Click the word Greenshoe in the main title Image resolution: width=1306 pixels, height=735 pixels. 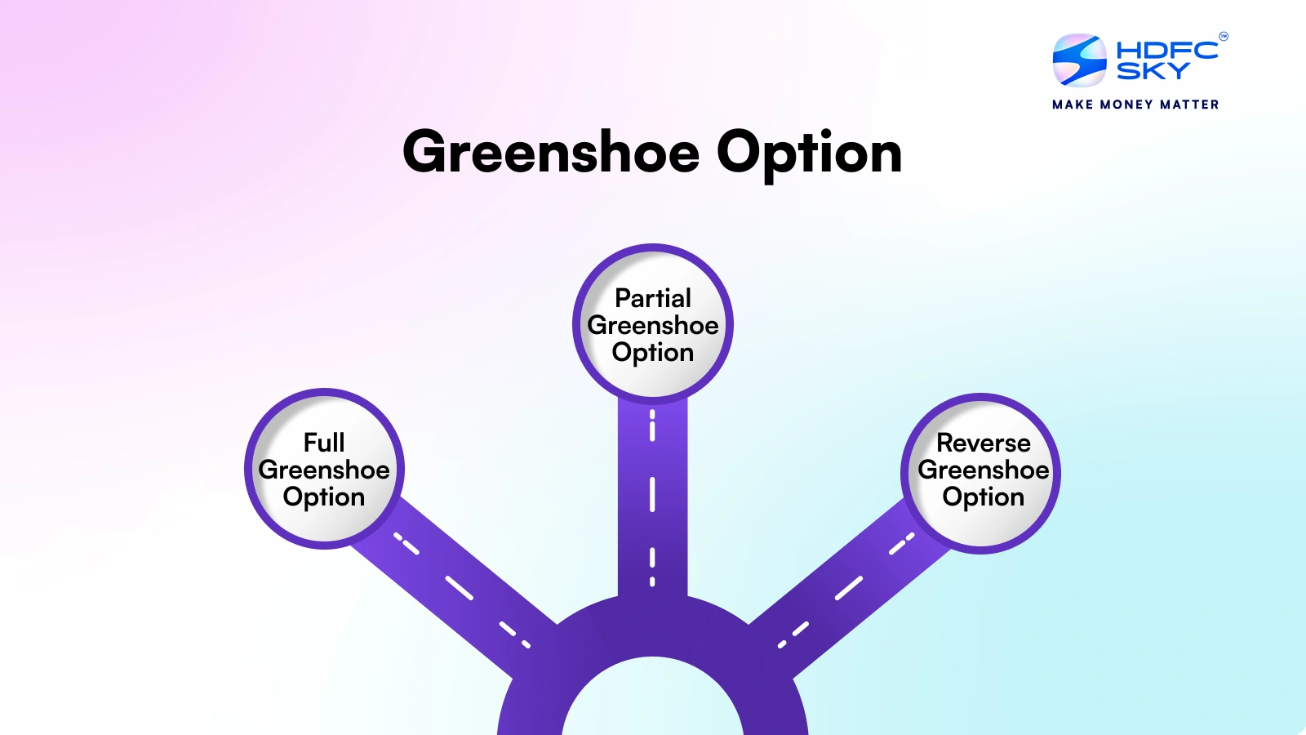(x=551, y=154)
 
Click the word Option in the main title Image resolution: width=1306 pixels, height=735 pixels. (x=809, y=154)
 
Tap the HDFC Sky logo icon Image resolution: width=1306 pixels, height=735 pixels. (x=1079, y=60)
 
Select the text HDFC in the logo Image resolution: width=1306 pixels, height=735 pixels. (x=1166, y=50)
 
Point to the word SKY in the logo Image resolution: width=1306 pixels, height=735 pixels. (x=1153, y=72)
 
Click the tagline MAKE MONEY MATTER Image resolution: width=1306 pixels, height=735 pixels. (x=1135, y=105)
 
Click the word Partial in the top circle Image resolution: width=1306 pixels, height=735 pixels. (x=653, y=298)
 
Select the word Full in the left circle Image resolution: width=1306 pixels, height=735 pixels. (x=324, y=443)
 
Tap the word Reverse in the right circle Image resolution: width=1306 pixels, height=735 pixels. (x=983, y=443)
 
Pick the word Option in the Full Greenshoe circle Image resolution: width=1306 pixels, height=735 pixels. (x=324, y=497)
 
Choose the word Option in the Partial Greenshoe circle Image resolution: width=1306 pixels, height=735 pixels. (x=653, y=353)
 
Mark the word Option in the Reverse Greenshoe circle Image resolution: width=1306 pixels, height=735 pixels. (x=983, y=497)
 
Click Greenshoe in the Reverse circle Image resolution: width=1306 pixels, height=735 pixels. (x=983, y=470)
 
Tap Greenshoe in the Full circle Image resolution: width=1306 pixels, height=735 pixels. (x=324, y=470)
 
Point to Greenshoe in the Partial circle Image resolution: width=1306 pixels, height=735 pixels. (x=653, y=325)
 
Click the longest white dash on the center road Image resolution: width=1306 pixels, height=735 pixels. (x=652, y=494)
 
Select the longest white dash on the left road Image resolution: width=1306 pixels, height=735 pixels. (x=459, y=588)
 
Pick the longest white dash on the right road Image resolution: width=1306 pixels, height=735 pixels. (x=849, y=588)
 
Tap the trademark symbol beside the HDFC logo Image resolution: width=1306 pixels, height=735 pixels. (x=1223, y=36)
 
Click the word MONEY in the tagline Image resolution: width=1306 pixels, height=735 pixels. (x=1126, y=105)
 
